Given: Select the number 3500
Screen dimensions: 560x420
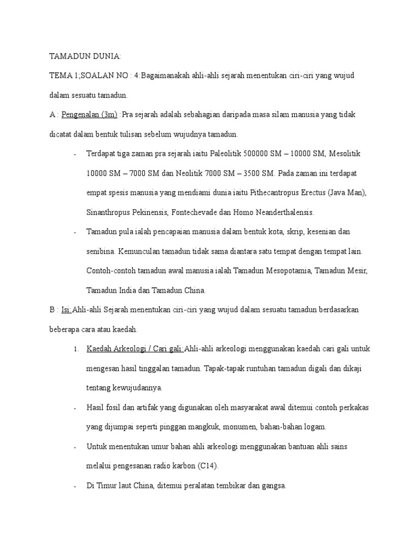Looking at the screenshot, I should (x=249, y=173).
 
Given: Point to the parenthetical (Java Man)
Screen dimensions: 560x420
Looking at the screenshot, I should (x=348, y=193).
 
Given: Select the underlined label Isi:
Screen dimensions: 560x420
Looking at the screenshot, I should (x=67, y=310).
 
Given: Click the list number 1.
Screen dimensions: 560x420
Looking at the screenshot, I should (x=75, y=349).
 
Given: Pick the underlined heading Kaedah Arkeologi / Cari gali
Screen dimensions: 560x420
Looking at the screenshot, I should (x=135, y=349).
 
